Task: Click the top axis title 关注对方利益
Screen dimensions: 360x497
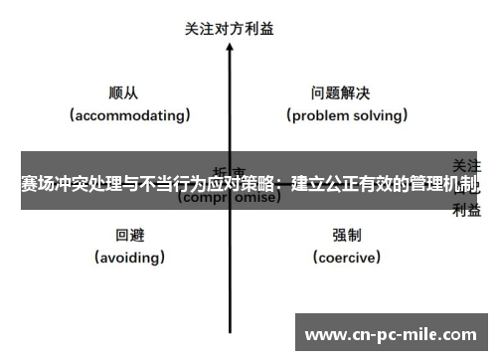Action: [x=230, y=29]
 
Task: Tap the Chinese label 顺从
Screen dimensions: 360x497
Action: [x=124, y=93]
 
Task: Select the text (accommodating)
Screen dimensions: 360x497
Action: [x=130, y=114]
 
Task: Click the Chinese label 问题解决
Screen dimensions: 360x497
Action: [x=340, y=93]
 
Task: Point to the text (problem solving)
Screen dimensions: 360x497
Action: [x=347, y=114]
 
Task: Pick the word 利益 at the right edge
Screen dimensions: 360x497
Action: [x=467, y=209]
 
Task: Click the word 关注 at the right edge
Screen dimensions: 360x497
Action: [x=467, y=163]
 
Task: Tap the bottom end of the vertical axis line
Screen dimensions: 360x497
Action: [x=230, y=329]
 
